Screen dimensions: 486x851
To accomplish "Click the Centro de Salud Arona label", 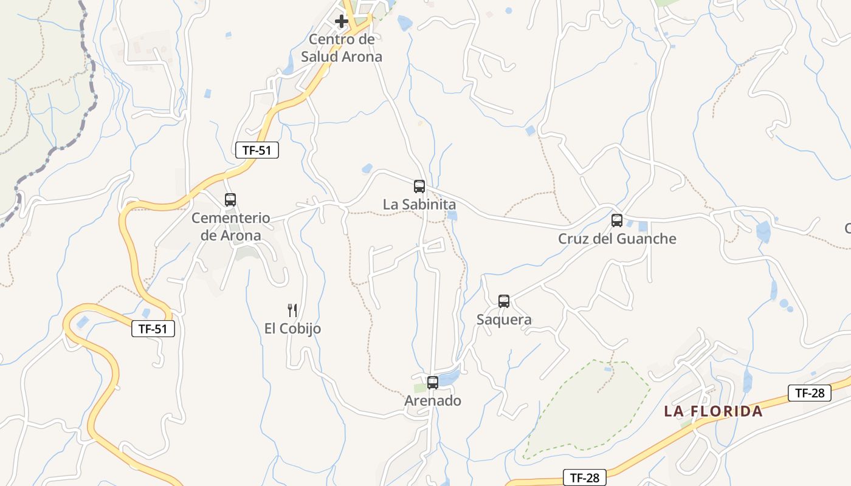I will tap(342, 48).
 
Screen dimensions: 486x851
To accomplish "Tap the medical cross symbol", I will tap(342, 21).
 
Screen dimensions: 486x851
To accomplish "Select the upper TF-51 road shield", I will tap(257, 150).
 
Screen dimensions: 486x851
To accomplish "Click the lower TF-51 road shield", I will tap(153, 329).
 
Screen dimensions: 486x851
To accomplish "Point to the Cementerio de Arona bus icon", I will tap(230, 199).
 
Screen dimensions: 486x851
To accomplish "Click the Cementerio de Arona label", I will tap(231, 227).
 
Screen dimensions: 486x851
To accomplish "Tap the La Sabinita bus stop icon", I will tap(419, 187).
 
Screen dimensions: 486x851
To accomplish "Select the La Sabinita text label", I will tap(419, 205).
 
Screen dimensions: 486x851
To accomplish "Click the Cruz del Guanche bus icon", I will tap(617, 221).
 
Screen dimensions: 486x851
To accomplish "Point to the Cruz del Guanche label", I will tap(617, 239).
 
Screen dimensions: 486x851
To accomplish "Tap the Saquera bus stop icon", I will tap(504, 301).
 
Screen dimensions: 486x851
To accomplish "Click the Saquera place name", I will tap(504, 320).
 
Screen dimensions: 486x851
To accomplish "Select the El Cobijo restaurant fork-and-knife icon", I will tap(292, 310).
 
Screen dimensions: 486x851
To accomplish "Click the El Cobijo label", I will tap(292, 329).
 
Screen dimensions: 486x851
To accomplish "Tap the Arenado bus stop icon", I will tap(433, 383).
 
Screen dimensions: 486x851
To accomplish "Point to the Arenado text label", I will tap(433, 401).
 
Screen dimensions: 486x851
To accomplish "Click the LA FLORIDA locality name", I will tap(713, 411).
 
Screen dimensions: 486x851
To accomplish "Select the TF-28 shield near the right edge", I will tap(810, 393).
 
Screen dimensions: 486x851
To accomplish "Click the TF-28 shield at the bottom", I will tap(585, 478).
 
